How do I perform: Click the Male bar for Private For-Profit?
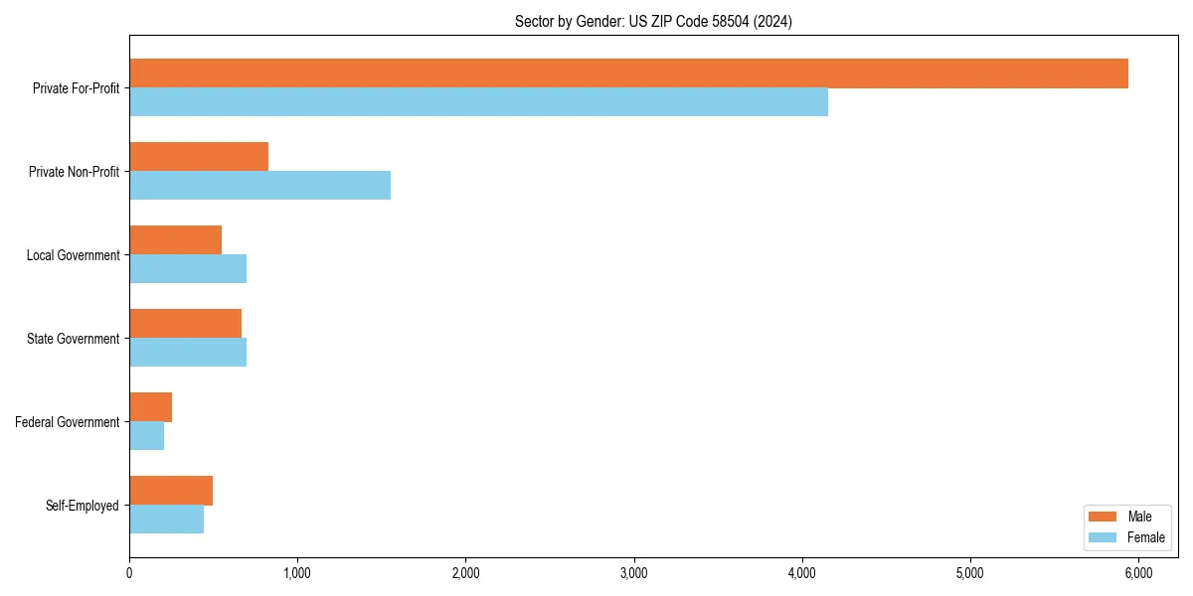tap(628, 74)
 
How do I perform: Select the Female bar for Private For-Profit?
tap(478, 102)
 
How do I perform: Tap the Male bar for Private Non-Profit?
tap(199, 157)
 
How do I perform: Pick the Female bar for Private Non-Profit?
tap(259, 186)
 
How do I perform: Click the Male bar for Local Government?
tap(175, 240)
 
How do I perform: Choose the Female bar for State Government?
tap(188, 353)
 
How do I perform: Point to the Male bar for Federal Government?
tap(150, 407)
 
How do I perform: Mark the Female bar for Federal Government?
tap(146, 436)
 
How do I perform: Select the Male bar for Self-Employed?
tap(171, 491)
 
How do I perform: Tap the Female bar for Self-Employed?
tap(166, 520)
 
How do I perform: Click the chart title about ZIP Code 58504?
tap(653, 21)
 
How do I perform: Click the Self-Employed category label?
tap(83, 506)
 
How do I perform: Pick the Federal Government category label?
tap(68, 422)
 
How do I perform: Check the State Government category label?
tap(74, 339)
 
